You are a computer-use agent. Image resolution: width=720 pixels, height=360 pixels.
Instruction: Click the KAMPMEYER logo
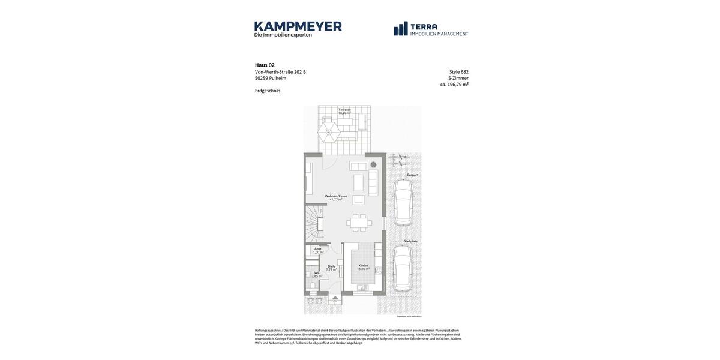[298, 29]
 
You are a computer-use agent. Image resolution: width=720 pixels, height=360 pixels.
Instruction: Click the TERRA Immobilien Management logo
[431, 29]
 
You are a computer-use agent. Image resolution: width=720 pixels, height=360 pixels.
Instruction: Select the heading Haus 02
[265, 65]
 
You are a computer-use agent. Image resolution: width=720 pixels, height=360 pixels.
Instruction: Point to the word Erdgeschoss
[268, 91]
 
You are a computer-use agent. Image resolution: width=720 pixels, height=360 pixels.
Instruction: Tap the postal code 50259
[262, 78]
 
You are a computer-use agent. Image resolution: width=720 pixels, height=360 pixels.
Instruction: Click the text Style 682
[458, 72]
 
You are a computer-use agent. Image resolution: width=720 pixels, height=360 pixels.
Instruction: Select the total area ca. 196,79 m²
[454, 85]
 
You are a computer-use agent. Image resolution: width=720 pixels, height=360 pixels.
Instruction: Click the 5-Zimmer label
[458, 78]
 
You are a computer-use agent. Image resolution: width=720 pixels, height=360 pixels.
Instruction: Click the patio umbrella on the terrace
[329, 132]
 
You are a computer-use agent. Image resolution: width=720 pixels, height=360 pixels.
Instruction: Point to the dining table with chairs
[359, 223]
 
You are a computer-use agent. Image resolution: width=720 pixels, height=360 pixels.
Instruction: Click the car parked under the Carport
[403, 202]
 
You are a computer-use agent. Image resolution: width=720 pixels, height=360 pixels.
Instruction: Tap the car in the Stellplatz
[403, 268]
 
